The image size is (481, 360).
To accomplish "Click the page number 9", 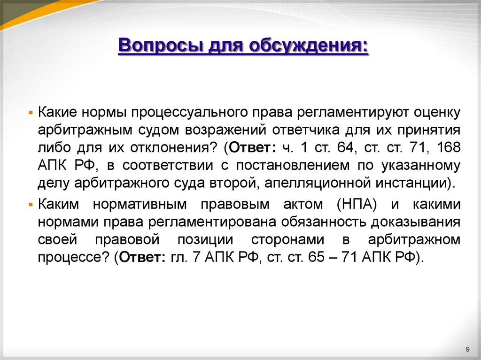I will point(467,348).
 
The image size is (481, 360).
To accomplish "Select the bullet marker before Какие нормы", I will point(31,114).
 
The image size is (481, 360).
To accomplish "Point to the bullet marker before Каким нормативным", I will point(31,205).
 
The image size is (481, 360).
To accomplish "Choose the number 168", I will point(448,147).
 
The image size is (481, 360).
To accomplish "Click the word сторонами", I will point(287,239).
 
